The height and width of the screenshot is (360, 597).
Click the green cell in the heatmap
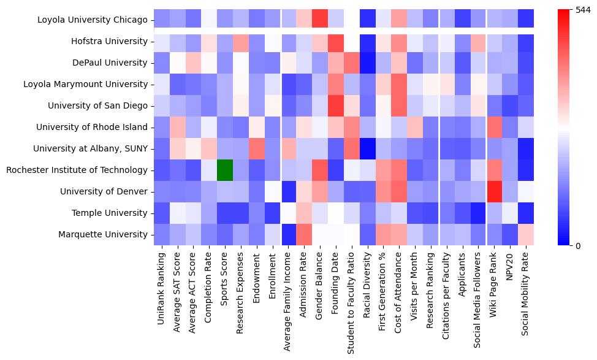pyautogui.click(x=224, y=170)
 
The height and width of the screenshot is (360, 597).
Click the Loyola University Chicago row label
pyautogui.click(x=92, y=20)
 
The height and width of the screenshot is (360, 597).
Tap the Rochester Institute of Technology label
pyautogui.click(x=77, y=170)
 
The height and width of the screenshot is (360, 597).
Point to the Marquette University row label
pyautogui.click(x=103, y=234)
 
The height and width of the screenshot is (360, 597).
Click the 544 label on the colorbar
pyautogui.click(x=584, y=10)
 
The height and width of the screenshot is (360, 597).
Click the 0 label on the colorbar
pyautogui.click(x=578, y=246)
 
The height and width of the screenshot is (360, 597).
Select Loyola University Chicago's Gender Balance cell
pyautogui.click(x=319, y=20)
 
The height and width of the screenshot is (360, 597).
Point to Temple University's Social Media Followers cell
pyautogui.click(x=477, y=213)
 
